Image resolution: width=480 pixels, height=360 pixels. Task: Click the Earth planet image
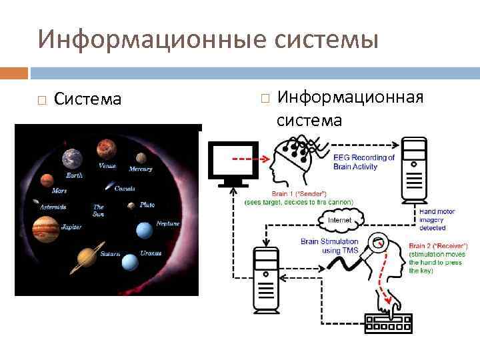(x=72, y=158)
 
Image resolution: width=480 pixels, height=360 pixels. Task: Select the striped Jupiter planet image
(x=45, y=229)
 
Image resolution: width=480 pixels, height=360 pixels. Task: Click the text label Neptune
(x=167, y=223)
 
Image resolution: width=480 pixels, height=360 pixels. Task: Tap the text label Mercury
(x=141, y=169)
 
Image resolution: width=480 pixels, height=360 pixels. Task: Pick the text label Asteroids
(x=53, y=207)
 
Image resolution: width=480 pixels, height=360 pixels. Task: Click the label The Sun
(x=99, y=211)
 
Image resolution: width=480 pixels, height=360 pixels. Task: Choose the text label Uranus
(x=151, y=253)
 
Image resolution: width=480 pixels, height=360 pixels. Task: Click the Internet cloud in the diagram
(x=339, y=219)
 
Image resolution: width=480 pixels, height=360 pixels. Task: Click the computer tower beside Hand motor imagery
(x=413, y=171)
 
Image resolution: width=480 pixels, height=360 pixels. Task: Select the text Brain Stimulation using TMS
(x=329, y=246)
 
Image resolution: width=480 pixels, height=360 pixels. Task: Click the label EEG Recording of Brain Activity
(x=364, y=162)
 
